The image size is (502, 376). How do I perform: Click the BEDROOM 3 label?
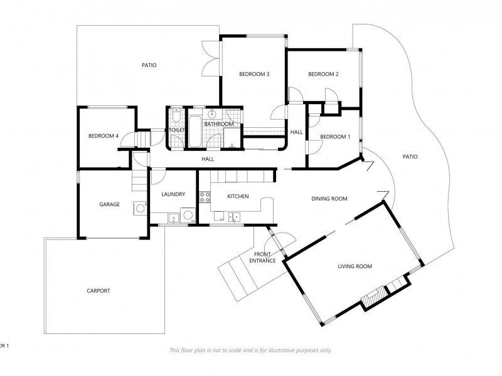click(254, 75)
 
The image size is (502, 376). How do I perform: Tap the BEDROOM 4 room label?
click(104, 136)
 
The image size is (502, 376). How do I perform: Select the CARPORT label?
click(99, 291)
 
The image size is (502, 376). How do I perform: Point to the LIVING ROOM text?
click(355, 266)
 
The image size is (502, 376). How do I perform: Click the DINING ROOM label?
click(329, 199)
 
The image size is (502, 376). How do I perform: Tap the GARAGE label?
click(109, 204)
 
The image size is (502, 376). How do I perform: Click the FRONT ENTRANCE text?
click(262, 257)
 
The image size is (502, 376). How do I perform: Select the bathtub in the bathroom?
click(195, 130)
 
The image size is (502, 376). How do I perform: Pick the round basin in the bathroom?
click(213, 114)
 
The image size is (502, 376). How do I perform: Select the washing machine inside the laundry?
click(188, 216)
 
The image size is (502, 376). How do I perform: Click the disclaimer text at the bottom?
click(251, 350)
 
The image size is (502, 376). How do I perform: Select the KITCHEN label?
click(238, 197)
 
